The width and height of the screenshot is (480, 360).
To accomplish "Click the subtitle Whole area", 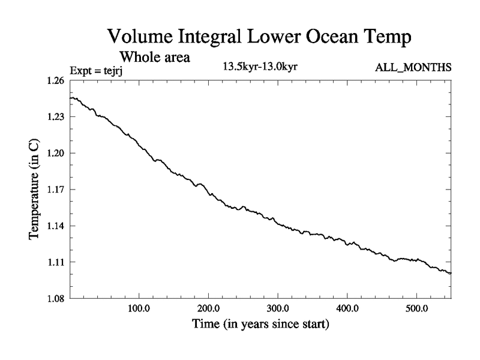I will pos(155,58).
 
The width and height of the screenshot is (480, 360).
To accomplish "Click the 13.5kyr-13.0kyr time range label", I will pos(260,66).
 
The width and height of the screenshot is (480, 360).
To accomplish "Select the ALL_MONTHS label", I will pos(413,68).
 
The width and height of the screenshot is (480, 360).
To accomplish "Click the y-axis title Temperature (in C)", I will pos(35,190).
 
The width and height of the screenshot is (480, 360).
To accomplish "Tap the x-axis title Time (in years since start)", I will pos(260,325).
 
